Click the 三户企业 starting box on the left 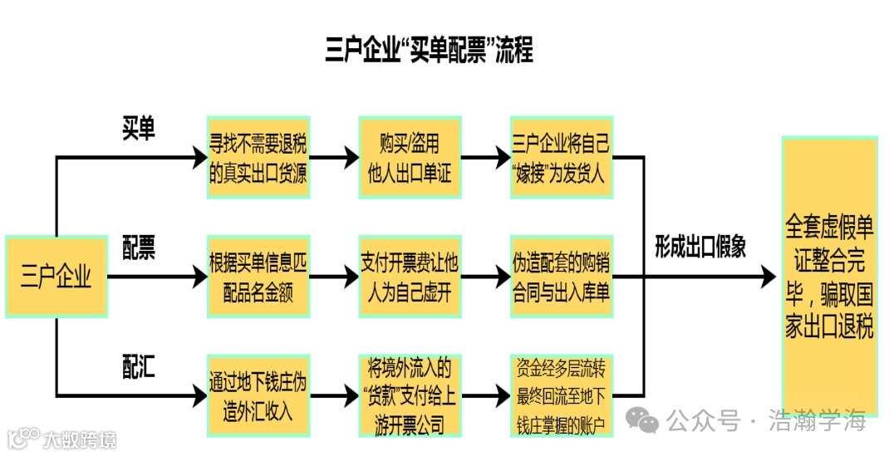click(56, 277)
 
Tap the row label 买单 click(139, 129)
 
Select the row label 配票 click(139, 248)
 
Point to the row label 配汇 click(139, 366)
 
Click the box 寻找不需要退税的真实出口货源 click(258, 158)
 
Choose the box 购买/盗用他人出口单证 click(410, 158)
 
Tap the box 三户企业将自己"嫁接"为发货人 click(562, 158)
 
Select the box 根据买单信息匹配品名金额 click(258, 277)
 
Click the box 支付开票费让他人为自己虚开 click(410, 277)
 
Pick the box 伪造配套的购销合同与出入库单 click(562, 277)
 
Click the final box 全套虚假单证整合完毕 click(829, 277)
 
